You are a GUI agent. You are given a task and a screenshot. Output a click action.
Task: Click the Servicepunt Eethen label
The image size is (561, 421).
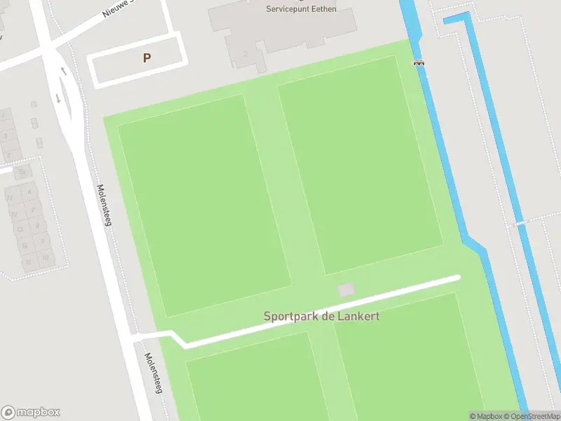pos(301,8)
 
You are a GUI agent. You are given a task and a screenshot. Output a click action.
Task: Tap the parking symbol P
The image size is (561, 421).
pos(147,58)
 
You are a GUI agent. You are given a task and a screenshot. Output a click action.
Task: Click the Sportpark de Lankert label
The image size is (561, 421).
pos(321,316)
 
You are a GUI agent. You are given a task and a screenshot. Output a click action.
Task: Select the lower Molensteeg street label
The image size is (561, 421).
pos(153,372)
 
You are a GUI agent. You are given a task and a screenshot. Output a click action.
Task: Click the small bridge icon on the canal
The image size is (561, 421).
pos(419,62)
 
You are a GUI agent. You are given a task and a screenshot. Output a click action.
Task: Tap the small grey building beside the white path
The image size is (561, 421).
pos(346,290)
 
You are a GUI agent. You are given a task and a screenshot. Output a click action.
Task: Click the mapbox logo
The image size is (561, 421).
pos(31,412)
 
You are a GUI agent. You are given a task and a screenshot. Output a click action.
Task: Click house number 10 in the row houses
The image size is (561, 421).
pos(45,257)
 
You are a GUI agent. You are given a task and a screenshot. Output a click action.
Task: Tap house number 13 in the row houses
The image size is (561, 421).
pos(19,228)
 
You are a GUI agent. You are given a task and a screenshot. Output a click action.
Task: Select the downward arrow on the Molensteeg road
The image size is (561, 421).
pos(58,98)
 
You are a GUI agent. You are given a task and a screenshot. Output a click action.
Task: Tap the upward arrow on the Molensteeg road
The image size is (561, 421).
pos(63,71)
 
